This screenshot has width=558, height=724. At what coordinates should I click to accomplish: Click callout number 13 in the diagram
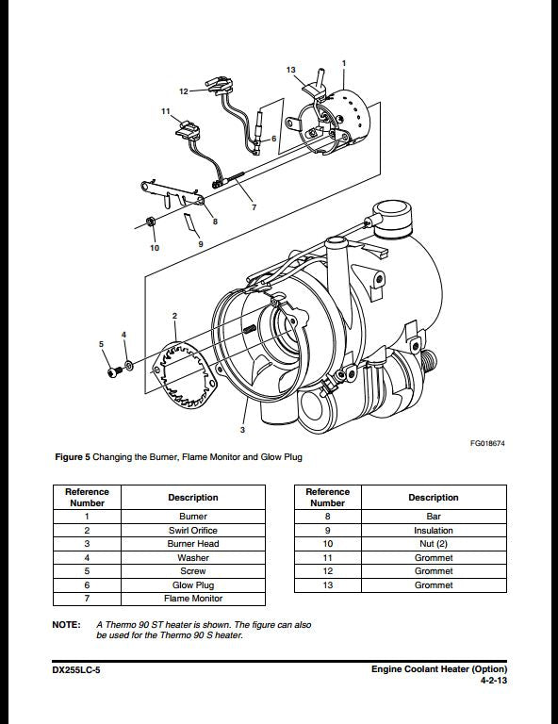(x=291, y=71)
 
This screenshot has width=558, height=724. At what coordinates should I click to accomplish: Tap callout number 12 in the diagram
(x=184, y=91)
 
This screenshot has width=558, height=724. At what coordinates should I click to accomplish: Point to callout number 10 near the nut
(x=155, y=248)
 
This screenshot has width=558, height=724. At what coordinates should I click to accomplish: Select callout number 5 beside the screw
(x=102, y=345)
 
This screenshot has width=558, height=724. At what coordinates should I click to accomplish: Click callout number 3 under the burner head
(x=242, y=430)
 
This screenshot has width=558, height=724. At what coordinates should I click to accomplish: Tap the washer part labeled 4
(x=129, y=364)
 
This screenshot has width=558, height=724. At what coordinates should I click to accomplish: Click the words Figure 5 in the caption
(x=72, y=457)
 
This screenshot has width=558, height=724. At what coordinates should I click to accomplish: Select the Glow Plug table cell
(x=193, y=585)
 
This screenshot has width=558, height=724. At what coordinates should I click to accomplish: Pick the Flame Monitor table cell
(x=193, y=599)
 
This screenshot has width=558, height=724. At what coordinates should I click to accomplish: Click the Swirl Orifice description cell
(x=193, y=531)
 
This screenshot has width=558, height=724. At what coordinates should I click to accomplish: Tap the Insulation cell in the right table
(x=434, y=531)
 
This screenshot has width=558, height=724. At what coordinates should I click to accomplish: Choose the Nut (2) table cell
(x=434, y=544)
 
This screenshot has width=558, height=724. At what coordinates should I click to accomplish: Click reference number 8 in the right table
(x=328, y=517)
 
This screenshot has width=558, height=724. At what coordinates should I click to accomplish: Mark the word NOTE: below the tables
(x=66, y=625)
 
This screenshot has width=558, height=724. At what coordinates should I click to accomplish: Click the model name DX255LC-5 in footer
(x=78, y=669)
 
